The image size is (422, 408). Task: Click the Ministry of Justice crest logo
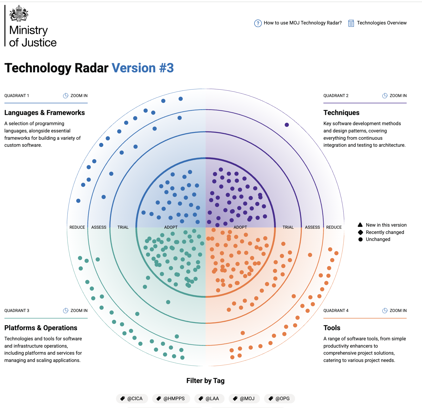click(19, 14)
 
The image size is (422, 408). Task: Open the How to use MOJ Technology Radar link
click(298, 23)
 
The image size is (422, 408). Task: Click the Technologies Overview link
click(378, 23)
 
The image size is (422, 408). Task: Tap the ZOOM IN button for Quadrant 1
click(75, 96)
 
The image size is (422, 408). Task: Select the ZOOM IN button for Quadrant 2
click(394, 96)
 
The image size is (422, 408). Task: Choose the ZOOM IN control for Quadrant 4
click(394, 311)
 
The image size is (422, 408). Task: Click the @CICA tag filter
click(132, 399)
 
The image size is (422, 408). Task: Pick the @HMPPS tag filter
click(171, 399)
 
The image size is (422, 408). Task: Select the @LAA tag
click(209, 399)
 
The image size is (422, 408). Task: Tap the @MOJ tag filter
click(244, 399)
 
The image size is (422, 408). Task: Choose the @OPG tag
click(279, 399)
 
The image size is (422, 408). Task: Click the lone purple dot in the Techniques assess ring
click(287, 125)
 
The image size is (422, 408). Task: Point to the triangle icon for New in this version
click(360, 225)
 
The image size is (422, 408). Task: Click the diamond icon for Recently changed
click(360, 232)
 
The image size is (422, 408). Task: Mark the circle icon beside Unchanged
click(360, 239)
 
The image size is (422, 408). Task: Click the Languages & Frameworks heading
click(44, 113)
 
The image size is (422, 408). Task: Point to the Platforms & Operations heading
click(41, 328)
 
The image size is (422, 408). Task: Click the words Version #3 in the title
click(143, 68)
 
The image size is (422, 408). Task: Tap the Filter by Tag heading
click(205, 381)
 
